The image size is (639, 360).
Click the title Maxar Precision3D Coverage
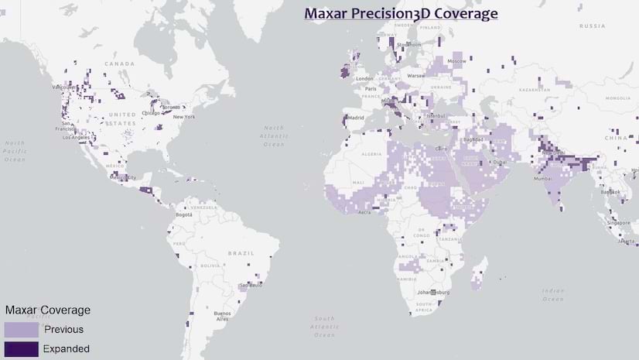(x=400, y=14)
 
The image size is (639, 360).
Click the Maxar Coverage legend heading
(x=48, y=310)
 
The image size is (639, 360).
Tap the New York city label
(x=184, y=117)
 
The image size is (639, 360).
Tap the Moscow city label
(x=457, y=61)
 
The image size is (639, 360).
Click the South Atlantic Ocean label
(x=325, y=326)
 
